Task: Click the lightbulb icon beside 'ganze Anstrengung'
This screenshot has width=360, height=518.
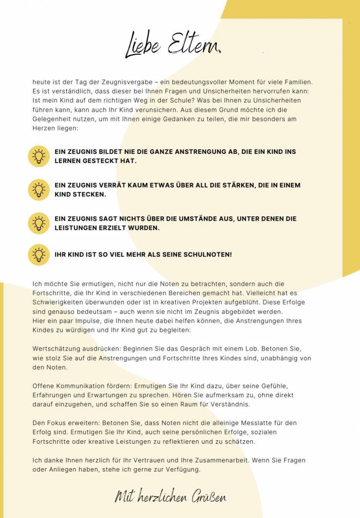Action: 39,156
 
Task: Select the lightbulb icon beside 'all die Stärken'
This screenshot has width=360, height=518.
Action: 39,190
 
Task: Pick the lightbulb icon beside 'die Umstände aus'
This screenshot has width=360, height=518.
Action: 39,223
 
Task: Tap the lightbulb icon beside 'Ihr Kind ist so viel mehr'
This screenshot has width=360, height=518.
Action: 39,254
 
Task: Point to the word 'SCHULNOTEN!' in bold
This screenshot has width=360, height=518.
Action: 208,254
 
